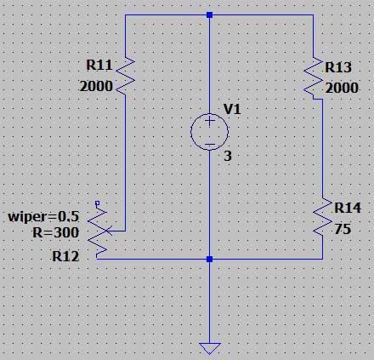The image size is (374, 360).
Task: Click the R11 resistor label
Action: [x=99, y=65]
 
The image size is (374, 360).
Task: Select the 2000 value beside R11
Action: [x=96, y=86]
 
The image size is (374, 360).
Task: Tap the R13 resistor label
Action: [x=338, y=67]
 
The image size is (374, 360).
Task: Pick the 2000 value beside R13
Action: [x=342, y=88]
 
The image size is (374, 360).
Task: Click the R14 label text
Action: [x=348, y=208]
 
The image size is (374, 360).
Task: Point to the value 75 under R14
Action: [x=343, y=229]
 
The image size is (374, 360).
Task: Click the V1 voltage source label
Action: [x=232, y=109]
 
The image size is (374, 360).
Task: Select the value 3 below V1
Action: [x=228, y=156]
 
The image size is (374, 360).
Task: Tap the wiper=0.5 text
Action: [x=43, y=217]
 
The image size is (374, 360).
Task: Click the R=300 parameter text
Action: [x=56, y=232]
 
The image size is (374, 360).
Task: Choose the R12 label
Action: [x=65, y=256]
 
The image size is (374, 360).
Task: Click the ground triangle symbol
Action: [x=210, y=348]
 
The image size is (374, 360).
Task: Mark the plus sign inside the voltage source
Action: [x=210, y=121]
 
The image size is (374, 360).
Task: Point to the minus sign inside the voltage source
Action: [x=210, y=145]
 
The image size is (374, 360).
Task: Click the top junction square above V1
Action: [x=210, y=14]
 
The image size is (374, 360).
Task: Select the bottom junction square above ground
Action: [x=210, y=259]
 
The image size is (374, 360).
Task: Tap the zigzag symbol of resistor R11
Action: [x=125, y=75]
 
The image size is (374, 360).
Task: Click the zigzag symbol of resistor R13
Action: [x=314, y=77]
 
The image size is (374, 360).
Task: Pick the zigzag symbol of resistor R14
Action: [x=322, y=216]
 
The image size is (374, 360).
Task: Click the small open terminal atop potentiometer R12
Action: [x=97, y=203]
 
